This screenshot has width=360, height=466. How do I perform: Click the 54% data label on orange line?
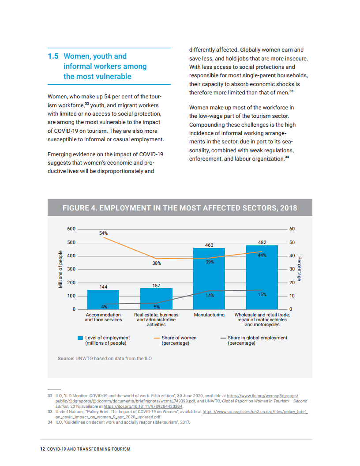(103, 233)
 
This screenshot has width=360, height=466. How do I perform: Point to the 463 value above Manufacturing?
(209, 244)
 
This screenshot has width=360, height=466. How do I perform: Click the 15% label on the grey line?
(262, 294)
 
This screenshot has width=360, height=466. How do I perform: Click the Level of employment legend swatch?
(80, 338)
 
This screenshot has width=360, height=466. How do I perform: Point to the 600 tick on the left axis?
(71, 229)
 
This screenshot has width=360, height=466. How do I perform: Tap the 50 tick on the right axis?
(292, 243)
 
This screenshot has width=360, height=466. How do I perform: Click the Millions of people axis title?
(60, 269)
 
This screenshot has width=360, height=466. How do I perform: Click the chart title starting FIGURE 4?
(180, 208)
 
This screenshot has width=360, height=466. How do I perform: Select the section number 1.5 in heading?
(53, 56)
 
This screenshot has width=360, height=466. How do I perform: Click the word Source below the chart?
(66, 358)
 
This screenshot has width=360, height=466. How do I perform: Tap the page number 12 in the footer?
(42, 449)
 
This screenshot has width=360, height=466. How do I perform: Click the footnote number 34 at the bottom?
(50, 422)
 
